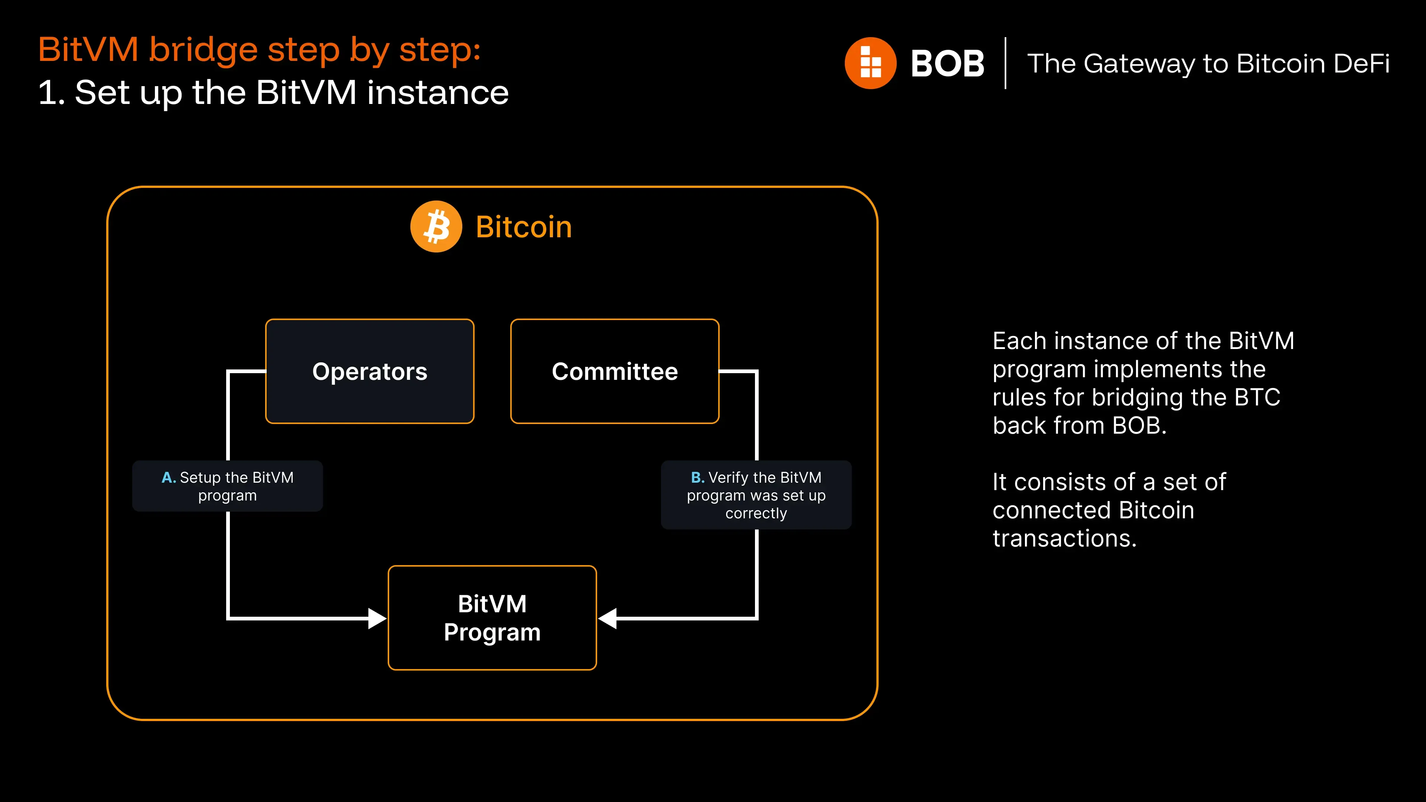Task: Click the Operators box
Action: (x=370, y=371)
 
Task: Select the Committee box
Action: (x=615, y=371)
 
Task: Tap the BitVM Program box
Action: (x=492, y=618)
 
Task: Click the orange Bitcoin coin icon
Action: (x=436, y=226)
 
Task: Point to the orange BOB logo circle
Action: (x=870, y=63)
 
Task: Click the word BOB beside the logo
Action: (x=947, y=63)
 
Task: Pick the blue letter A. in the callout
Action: (x=168, y=477)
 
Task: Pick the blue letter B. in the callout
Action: (x=697, y=477)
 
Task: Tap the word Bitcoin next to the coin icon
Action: (x=524, y=227)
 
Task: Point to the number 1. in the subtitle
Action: (x=52, y=92)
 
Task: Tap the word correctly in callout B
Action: (x=756, y=514)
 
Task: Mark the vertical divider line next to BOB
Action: (x=1005, y=63)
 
